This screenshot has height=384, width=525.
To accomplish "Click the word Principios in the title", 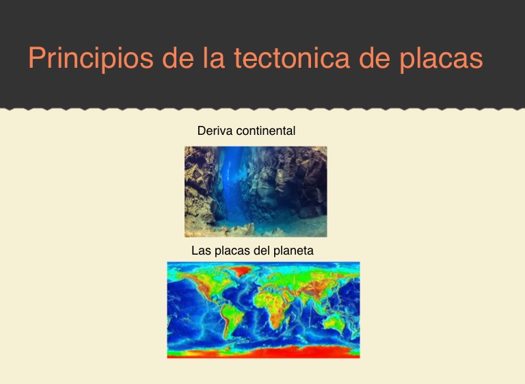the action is (x=91, y=57).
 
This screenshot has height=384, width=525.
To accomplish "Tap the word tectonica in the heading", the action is (x=292, y=57).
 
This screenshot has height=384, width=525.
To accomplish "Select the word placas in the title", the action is (x=442, y=57).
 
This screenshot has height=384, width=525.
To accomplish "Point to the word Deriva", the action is (x=215, y=131).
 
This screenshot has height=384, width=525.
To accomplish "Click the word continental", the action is (x=265, y=131).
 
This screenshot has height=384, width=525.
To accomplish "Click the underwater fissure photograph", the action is (x=256, y=192).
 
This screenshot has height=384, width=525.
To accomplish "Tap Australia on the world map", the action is (x=334, y=322).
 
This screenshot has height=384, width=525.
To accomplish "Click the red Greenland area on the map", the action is (x=240, y=270).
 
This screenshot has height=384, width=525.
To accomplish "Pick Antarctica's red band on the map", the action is (x=263, y=352).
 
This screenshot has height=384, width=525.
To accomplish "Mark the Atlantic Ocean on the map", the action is (x=245, y=302).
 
